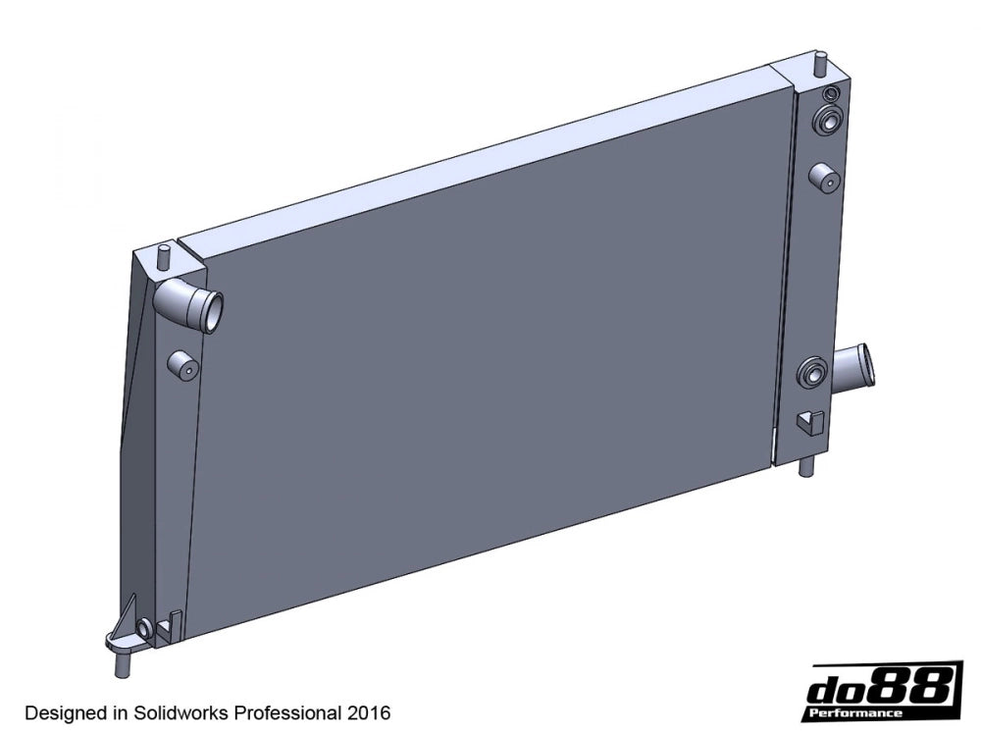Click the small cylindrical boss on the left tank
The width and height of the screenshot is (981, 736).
182,366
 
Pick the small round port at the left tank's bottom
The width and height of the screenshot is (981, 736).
146,627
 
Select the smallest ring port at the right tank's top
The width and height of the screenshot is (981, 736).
830,94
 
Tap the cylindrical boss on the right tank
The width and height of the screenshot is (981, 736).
821,178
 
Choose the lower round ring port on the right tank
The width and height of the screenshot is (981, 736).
813,373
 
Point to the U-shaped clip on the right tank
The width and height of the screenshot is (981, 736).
806,422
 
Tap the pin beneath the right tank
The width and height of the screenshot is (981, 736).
805,463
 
